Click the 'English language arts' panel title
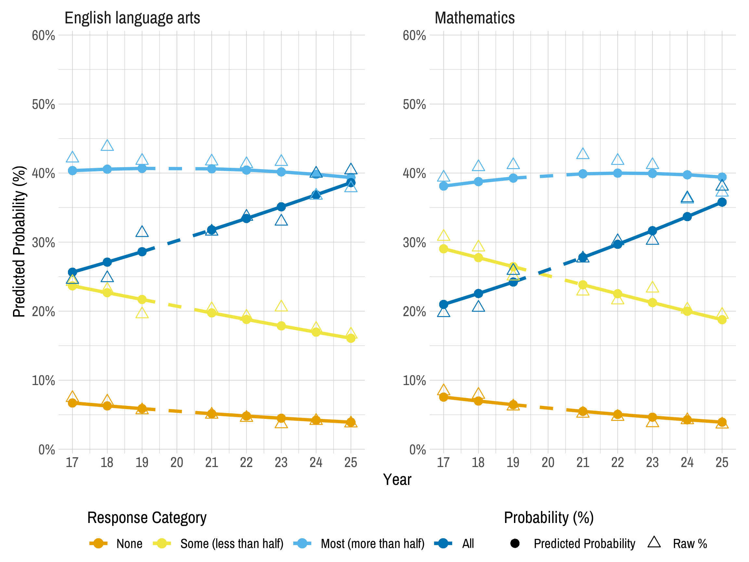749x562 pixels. (x=132, y=18)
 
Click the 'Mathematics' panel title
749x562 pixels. (x=474, y=18)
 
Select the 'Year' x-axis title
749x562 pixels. (x=397, y=480)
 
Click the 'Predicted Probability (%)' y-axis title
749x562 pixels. (x=19, y=242)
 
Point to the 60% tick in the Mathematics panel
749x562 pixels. (x=414, y=35)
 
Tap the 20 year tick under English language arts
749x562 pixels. (x=177, y=462)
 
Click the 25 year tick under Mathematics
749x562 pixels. (x=722, y=462)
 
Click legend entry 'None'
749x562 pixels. (x=129, y=544)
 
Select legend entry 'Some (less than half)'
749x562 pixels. (x=231, y=544)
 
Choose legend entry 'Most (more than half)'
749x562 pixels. (x=372, y=544)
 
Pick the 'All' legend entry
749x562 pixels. (x=467, y=544)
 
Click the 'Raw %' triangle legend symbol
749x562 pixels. (x=654, y=542)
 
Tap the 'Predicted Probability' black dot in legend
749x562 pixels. (x=515, y=544)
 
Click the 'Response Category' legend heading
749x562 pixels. (x=147, y=518)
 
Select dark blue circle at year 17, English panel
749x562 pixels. (x=72, y=272)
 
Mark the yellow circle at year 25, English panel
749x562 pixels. (x=351, y=338)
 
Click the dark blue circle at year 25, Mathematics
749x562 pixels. (x=722, y=202)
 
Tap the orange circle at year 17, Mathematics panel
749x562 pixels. (x=443, y=397)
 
